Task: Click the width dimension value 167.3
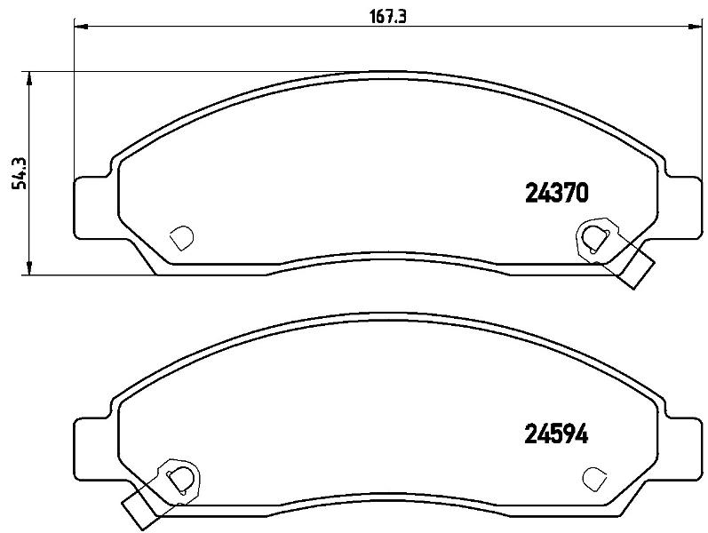(388, 17)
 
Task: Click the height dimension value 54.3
(20, 173)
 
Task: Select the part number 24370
(557, 193)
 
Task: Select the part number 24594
(556, 435)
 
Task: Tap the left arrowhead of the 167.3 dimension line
(80, 26)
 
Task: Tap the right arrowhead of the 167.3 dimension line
(696, 26)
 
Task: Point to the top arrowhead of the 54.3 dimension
(29, 78)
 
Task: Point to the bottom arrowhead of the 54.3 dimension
(29, 267)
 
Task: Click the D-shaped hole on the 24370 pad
(181, 237)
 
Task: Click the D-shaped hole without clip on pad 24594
(594, 478)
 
